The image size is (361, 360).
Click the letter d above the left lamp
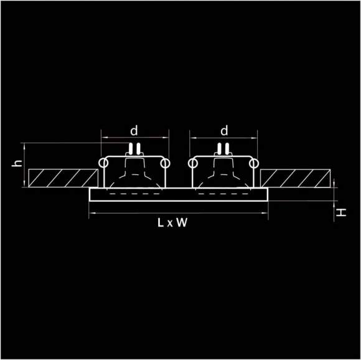point(134,131)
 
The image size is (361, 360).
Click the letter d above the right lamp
point(224,131)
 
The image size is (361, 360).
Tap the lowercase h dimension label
point(17,163)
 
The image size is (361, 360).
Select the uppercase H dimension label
point(341,212)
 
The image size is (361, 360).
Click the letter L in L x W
point(161,223)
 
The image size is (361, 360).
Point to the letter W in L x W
point(182,223)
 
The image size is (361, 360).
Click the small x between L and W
point(170,224)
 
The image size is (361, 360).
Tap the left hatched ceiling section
point(63,178)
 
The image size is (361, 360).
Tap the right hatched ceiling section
point(295,178)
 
